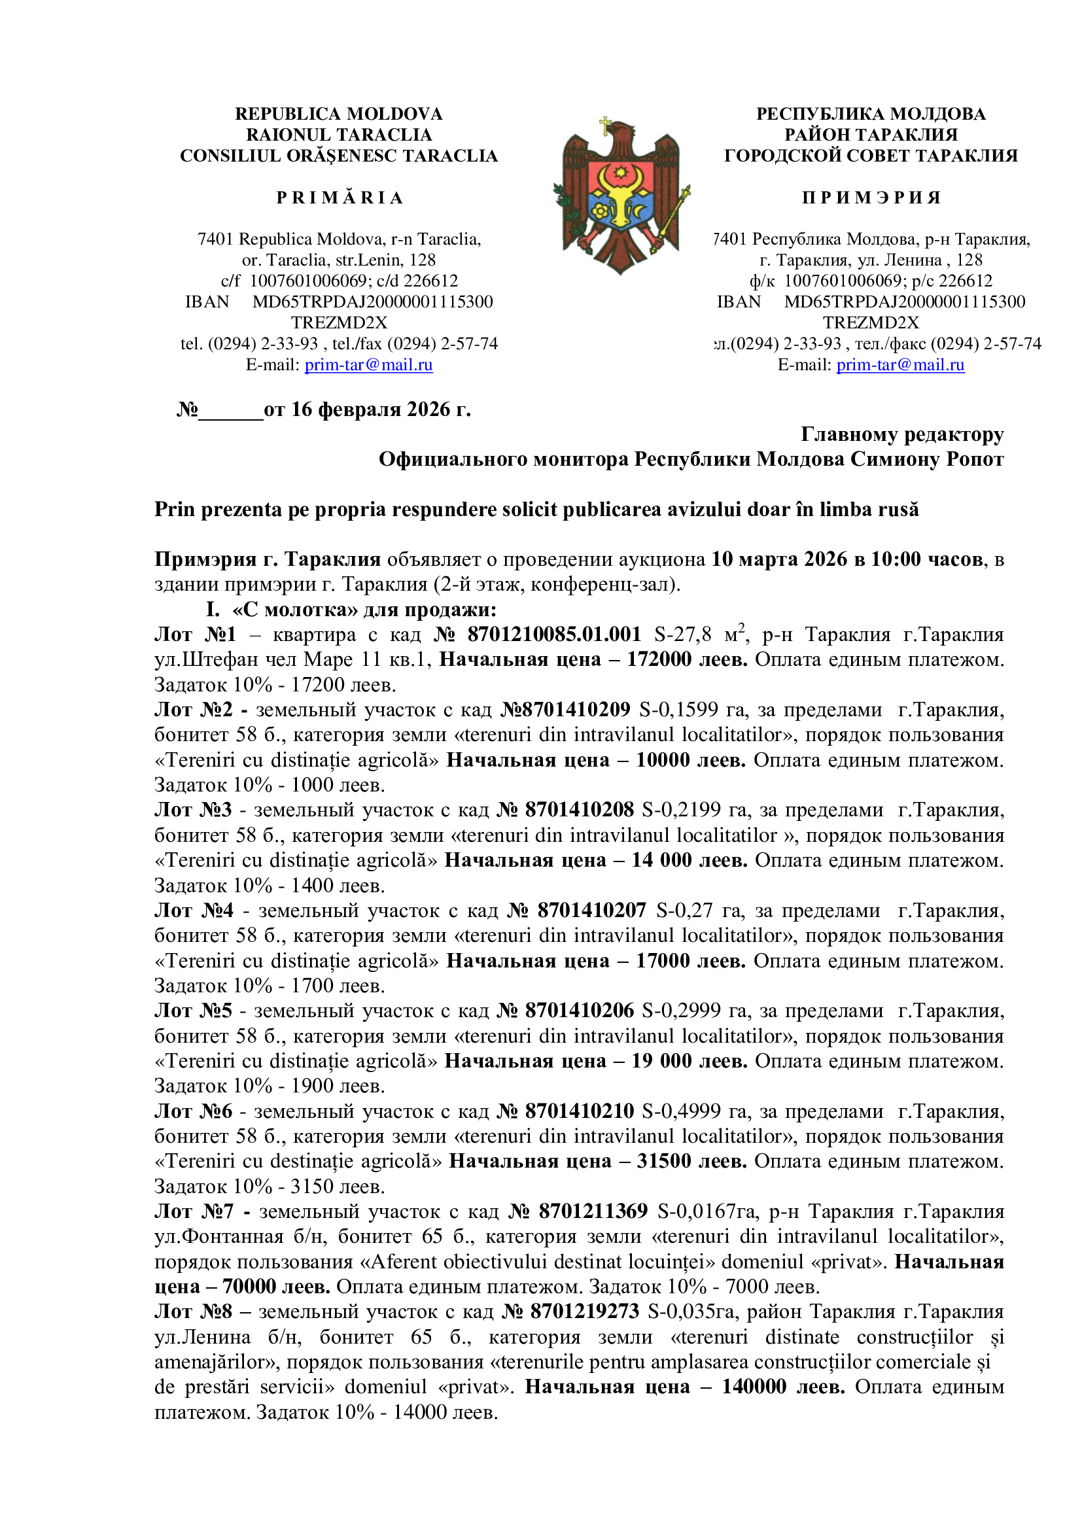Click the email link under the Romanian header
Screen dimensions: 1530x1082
[368, 365]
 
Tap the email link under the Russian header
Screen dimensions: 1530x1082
[900, 365]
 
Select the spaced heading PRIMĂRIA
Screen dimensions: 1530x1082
[339, 198]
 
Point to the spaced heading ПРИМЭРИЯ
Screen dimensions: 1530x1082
[871, 198]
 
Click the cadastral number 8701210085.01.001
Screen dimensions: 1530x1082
[553, 634]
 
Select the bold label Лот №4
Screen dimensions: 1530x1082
[194, 910]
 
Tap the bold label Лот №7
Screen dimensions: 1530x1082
[194, 1211]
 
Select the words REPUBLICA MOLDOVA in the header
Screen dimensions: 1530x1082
[338, 114]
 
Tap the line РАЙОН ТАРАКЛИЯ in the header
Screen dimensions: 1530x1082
[871, 135]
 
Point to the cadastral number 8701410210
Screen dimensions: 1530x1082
[580, 1111]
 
